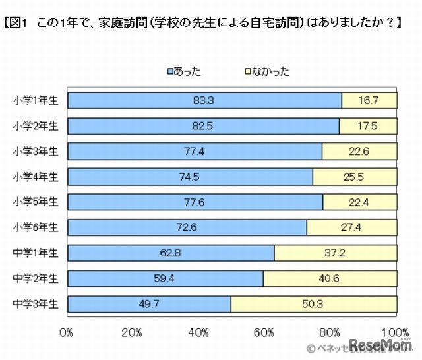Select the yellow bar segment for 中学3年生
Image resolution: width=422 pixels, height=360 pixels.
coord(314,304)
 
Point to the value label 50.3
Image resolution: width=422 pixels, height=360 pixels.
coord(313,304)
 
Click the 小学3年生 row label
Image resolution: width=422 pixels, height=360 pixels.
coord(36,151)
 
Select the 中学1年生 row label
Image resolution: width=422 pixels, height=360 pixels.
coord(36,253)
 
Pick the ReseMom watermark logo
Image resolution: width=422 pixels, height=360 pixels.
coord(382,345)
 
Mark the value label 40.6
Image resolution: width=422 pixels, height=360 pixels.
coord(330,279)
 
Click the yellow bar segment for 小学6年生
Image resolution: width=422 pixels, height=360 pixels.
coord(351,227)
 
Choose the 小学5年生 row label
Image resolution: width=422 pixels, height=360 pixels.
coord(36,202)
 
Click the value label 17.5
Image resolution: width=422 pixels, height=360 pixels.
coord(367,126)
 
